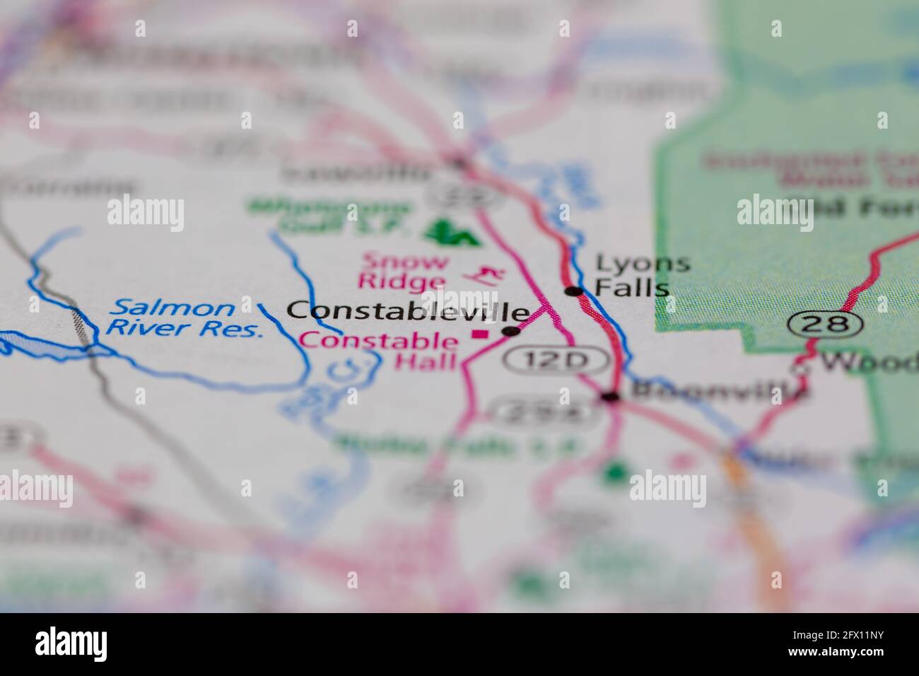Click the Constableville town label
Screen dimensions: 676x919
[408, 311]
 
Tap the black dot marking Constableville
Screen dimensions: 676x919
[510, 331]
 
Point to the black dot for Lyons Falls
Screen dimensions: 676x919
[573, 291]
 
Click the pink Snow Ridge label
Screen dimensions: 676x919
[404, 271]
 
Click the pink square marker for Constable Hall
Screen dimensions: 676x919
[481, 334]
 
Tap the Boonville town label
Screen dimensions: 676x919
[718, 390]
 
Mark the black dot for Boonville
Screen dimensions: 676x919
[610, 397]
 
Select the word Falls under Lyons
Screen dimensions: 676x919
[632, 288]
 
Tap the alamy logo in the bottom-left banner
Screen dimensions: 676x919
[71, 644]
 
